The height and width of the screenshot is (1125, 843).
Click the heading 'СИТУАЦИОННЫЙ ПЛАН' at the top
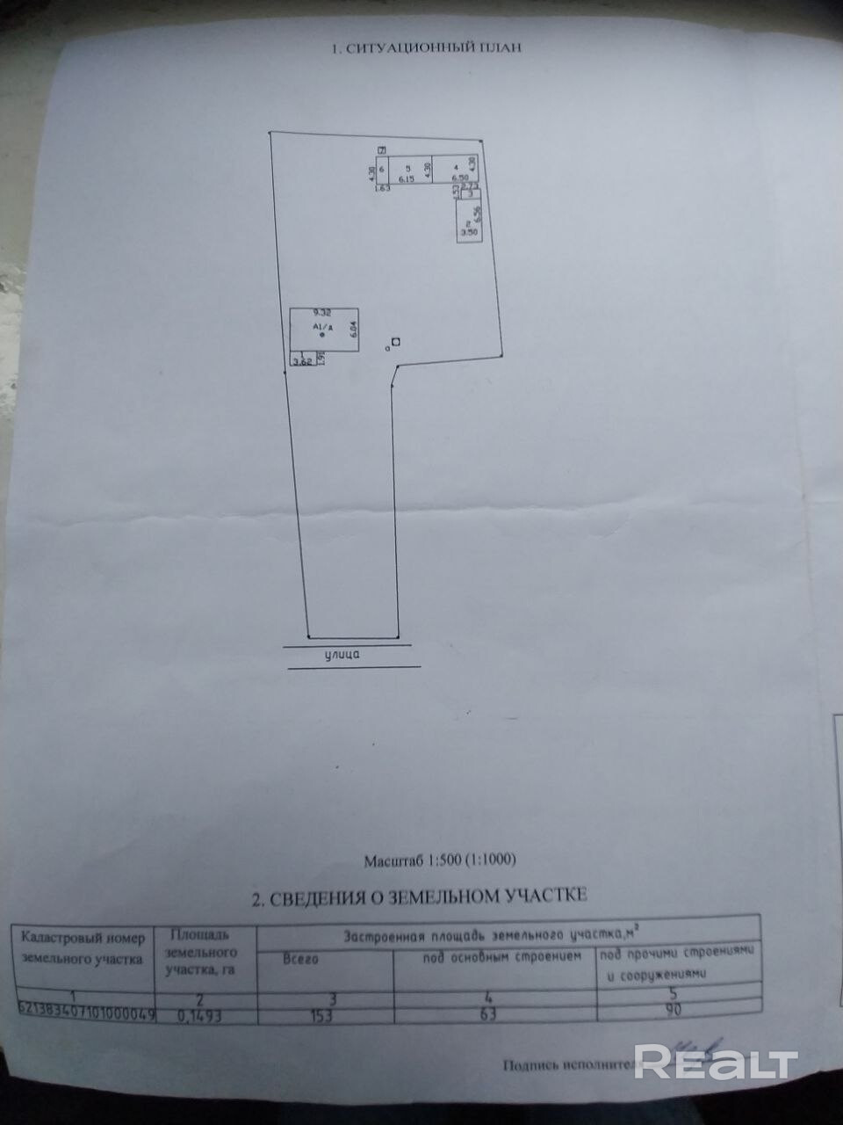(x=426, y=47)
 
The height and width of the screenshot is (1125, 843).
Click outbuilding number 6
(x=382, y=167)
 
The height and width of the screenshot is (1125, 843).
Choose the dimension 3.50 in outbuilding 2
(x=469, y=232)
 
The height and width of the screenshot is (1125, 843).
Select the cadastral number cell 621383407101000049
(x=85, y=1013)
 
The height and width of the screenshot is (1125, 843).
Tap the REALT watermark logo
(x=715, y=1063)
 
